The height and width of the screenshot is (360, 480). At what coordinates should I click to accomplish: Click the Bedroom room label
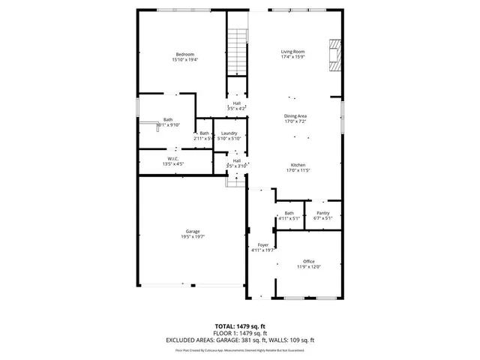tap(185, 54)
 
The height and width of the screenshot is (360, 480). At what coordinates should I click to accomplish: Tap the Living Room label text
tap(292, 51)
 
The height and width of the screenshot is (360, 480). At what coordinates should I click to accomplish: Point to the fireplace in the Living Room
tap(334, 55)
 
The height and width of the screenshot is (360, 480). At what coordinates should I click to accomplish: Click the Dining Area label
tap(295, 115)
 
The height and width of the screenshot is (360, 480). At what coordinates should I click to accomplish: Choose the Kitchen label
tap(298, 165)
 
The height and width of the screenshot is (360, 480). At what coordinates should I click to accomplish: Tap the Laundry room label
tap(229, 133)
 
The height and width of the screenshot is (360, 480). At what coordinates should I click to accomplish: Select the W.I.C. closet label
tap(172, 158)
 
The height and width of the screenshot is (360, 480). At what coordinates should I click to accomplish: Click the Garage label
tap(193, 231)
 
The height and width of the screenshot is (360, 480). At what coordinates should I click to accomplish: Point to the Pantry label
tap(323, 213)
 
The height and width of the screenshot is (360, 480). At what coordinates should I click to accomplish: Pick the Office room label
tap(309, 261)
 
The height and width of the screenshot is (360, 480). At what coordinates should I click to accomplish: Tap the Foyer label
tap(262, 245)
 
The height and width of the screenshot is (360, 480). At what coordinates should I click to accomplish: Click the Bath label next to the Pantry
tap(289, 213)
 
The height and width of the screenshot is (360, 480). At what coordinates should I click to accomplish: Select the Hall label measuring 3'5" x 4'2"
tap(237, 103)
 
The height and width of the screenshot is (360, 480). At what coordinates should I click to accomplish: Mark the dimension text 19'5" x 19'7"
tap(193, 237)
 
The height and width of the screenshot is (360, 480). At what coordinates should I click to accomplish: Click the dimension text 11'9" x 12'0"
tap(309, 266)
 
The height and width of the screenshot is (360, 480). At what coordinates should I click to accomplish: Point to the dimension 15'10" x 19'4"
tap(185, 59)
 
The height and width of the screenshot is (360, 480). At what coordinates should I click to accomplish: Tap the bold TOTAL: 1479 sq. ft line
tap(240, 326)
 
